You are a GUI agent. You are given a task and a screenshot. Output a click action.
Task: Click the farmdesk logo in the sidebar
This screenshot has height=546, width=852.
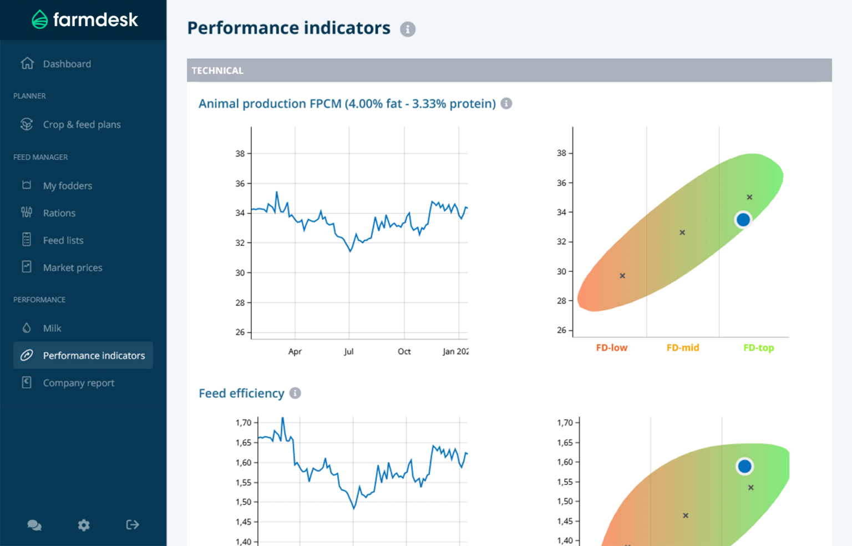pyautogui.click(x=84, y=20)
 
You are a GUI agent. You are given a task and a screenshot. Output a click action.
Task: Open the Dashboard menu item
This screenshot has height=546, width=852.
pyautogui.click(x=67, y=64)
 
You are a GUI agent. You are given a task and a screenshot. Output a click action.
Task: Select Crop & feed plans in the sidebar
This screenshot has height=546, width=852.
pyautogui.click(x=82, y=124)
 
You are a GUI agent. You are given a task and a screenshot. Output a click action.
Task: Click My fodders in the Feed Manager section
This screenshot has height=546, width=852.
pyautogui.click(x=67, y=185)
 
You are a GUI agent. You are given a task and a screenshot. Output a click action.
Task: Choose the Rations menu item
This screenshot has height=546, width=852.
pyautogui.click(x=59, y=213)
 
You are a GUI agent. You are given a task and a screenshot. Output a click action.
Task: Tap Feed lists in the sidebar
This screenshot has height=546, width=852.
pyautogui.click(x=63, y=240)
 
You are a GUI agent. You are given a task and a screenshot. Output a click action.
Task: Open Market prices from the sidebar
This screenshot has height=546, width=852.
pyautogui.click(x=73, y=267)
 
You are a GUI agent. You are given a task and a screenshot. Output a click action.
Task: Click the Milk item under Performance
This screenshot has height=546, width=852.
pyautogui.click(x=52, y=328)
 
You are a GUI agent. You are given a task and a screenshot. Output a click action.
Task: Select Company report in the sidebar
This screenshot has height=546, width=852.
pyautogui.click(x=78, y=383)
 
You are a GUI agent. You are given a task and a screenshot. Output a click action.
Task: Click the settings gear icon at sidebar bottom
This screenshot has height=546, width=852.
pyautogui.click(x=84, y=525)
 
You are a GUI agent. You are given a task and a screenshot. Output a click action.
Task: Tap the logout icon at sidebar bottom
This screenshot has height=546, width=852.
pyautogui.click(x=133, y=525)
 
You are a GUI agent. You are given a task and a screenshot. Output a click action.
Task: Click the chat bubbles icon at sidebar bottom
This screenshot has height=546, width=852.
pyautogui.click(x=34, y=525)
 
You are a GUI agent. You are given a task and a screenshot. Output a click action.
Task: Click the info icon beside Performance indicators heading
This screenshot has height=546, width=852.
pyautogui.click(x=408, y=29)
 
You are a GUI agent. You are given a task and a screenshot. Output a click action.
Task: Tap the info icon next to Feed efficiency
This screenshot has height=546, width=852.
pyautogui.click(x=295, y=393)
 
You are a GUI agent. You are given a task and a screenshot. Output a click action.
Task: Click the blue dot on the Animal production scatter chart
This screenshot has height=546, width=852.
pyautogui.click(x=743, y=220)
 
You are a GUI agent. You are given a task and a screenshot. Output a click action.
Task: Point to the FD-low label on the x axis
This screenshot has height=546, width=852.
pyautogui.click(x=611, y=348)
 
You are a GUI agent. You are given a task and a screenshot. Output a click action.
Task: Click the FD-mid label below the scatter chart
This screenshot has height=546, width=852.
pyautogui.click(x=682, y=348)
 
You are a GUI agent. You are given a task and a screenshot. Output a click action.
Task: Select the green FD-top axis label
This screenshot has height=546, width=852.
pyautogui.click(x=758, y=348)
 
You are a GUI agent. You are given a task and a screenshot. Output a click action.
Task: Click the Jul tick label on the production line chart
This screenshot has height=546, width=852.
pyautogui.click(x=348, y=352)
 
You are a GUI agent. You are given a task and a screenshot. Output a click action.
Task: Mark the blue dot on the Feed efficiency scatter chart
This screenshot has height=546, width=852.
pyautogui.click(x=744, y=467)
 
